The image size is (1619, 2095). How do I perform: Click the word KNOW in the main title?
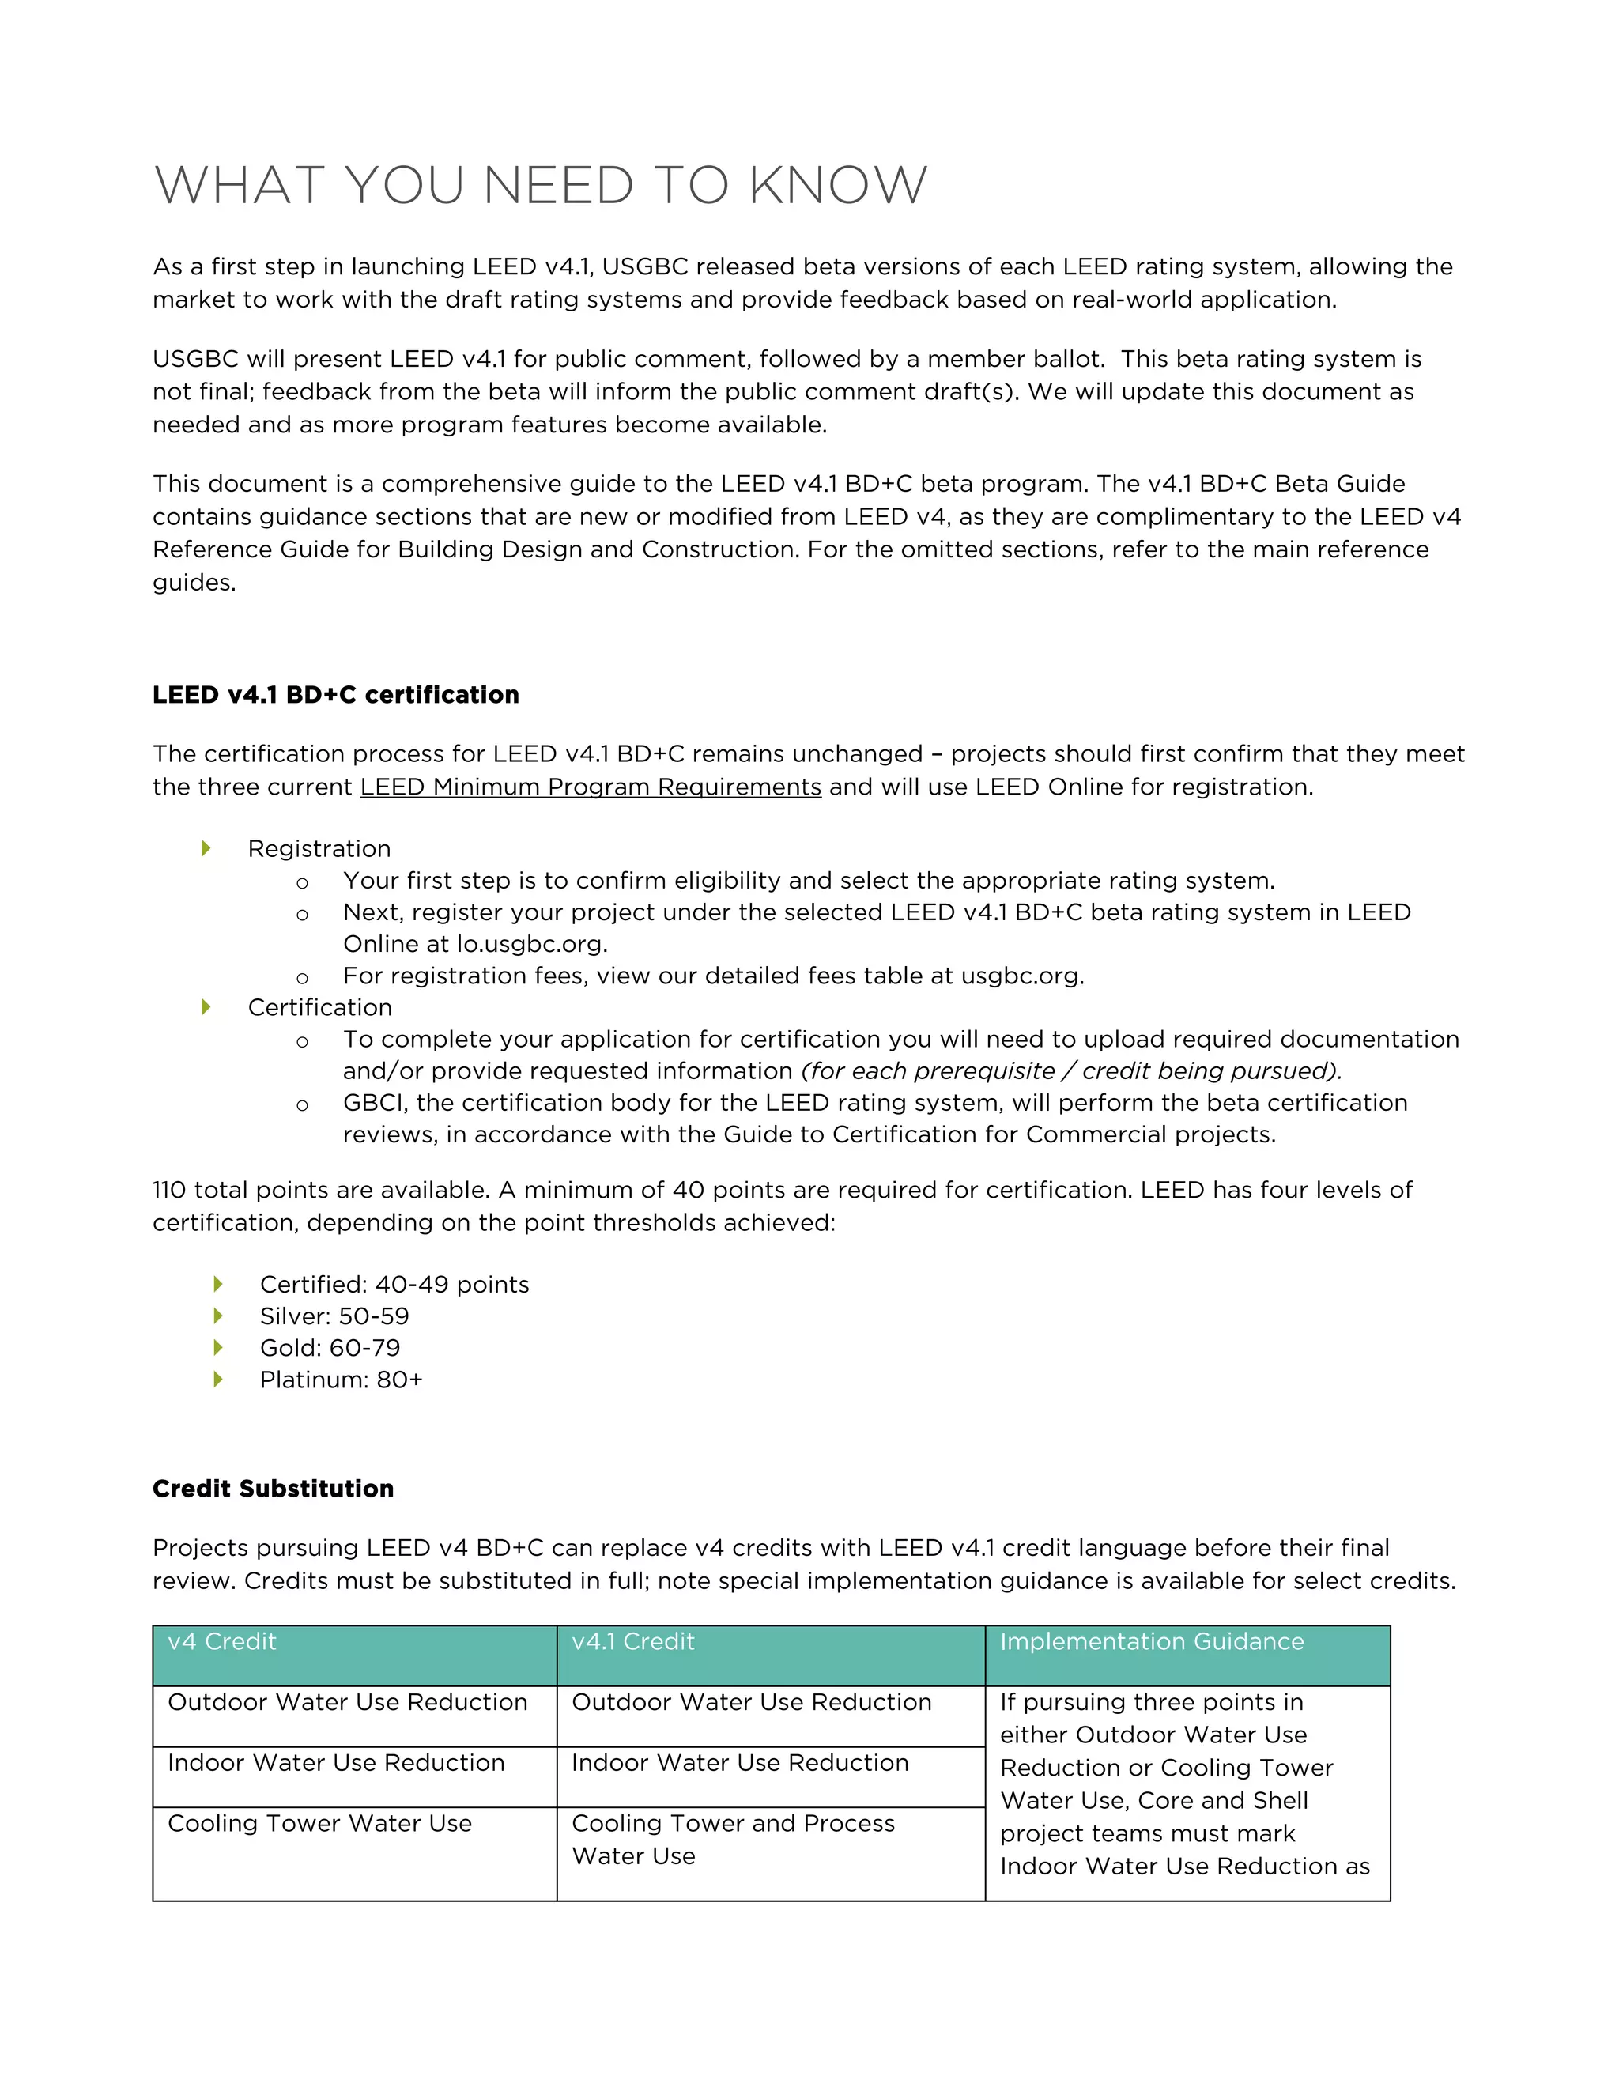pyautogui.click(x=837, y=185)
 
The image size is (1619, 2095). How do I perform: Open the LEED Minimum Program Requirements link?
pyautogui.click(x=590, y=787)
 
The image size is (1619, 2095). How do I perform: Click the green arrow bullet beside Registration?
pyautogui.click(x=206, y=848)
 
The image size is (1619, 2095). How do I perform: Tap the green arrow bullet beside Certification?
pyautogui.click(x=206, y=1007)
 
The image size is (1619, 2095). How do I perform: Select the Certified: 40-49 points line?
pyautogui.click(x=394, y=1285)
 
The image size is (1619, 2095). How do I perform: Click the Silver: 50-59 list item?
pyautogui.click(x=334, y=1316)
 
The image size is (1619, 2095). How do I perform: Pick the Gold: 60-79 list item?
pyautogui.click(x=330, y=1348)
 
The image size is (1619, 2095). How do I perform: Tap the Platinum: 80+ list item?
pyautogui.click(x=341, y=1380)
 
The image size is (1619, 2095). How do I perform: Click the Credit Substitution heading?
pyautogui.click(x=274, y=1489)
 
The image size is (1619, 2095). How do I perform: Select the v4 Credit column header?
pyautogui.click(x=221, y=1641)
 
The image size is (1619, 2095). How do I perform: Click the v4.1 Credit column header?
pyautogui.click(x=633, y=1641)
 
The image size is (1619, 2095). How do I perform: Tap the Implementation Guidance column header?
pyautogui.click(x=1152, y=1641)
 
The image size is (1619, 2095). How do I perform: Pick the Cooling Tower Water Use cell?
pyautogui.click(x=319, y=1824)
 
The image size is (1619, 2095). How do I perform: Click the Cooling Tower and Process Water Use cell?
pyautogui.click(x=733, y=1839)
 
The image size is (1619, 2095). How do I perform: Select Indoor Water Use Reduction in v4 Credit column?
pyautogui.click(x=336, y=1763)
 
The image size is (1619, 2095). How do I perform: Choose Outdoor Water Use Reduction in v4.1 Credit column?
pyautogui.click(x=751, y=1702)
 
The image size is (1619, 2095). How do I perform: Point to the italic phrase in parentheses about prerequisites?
pyautogui.click(x=1071, y=1071)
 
